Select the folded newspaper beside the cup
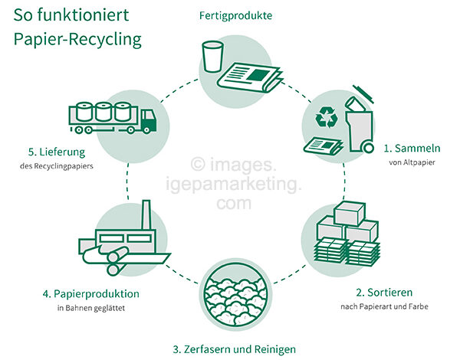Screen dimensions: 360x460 coord(249,77)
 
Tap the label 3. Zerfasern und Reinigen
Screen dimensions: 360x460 coord(234,349)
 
